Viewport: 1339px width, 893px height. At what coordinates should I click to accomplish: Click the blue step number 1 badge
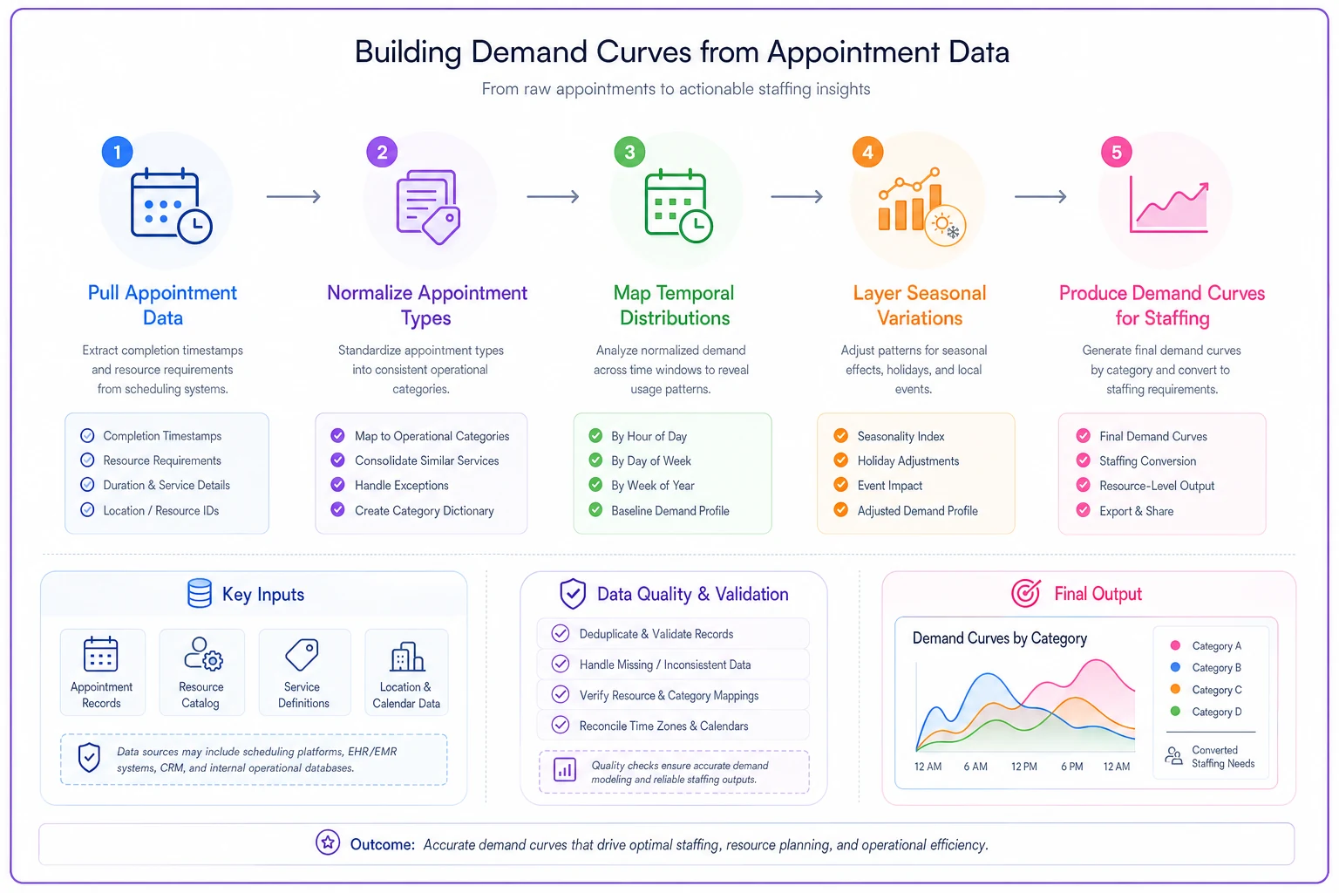tap(117, 152)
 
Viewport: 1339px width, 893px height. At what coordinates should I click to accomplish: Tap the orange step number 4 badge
tap(867, 152)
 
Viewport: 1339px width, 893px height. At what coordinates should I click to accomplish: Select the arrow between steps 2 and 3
tap(553, 196)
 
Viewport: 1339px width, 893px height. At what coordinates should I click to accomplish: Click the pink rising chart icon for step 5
tap(1169, 204)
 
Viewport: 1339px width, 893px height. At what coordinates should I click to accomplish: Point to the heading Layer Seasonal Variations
tap(920, 305)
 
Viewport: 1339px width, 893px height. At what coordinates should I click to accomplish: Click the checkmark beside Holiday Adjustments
tap(840, 460)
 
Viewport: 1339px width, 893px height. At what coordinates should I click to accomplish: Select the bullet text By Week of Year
tap(653, 485)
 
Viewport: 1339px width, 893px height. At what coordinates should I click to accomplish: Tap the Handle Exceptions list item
tap(402, 485)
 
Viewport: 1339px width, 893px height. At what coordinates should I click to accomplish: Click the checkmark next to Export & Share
tap(1084, 510)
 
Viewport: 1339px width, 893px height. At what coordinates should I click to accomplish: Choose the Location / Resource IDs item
tap(160, 510)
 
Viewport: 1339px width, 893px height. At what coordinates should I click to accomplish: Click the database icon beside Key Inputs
tap(199, 593)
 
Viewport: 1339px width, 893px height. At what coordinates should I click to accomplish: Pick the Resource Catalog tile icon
tap(203, 654)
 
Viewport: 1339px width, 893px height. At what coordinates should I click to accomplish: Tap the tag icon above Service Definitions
tap(302, 654)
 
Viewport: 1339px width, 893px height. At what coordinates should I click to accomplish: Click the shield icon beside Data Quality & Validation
tap(573, 594)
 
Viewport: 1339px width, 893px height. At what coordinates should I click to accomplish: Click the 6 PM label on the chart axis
tap(1071, 767)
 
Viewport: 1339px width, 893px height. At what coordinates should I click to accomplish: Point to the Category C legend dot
tap(1175, 689)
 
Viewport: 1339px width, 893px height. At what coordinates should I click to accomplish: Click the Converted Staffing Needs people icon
tap(1173, 756)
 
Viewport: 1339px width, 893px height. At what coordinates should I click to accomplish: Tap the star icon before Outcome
tap(328, 842)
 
